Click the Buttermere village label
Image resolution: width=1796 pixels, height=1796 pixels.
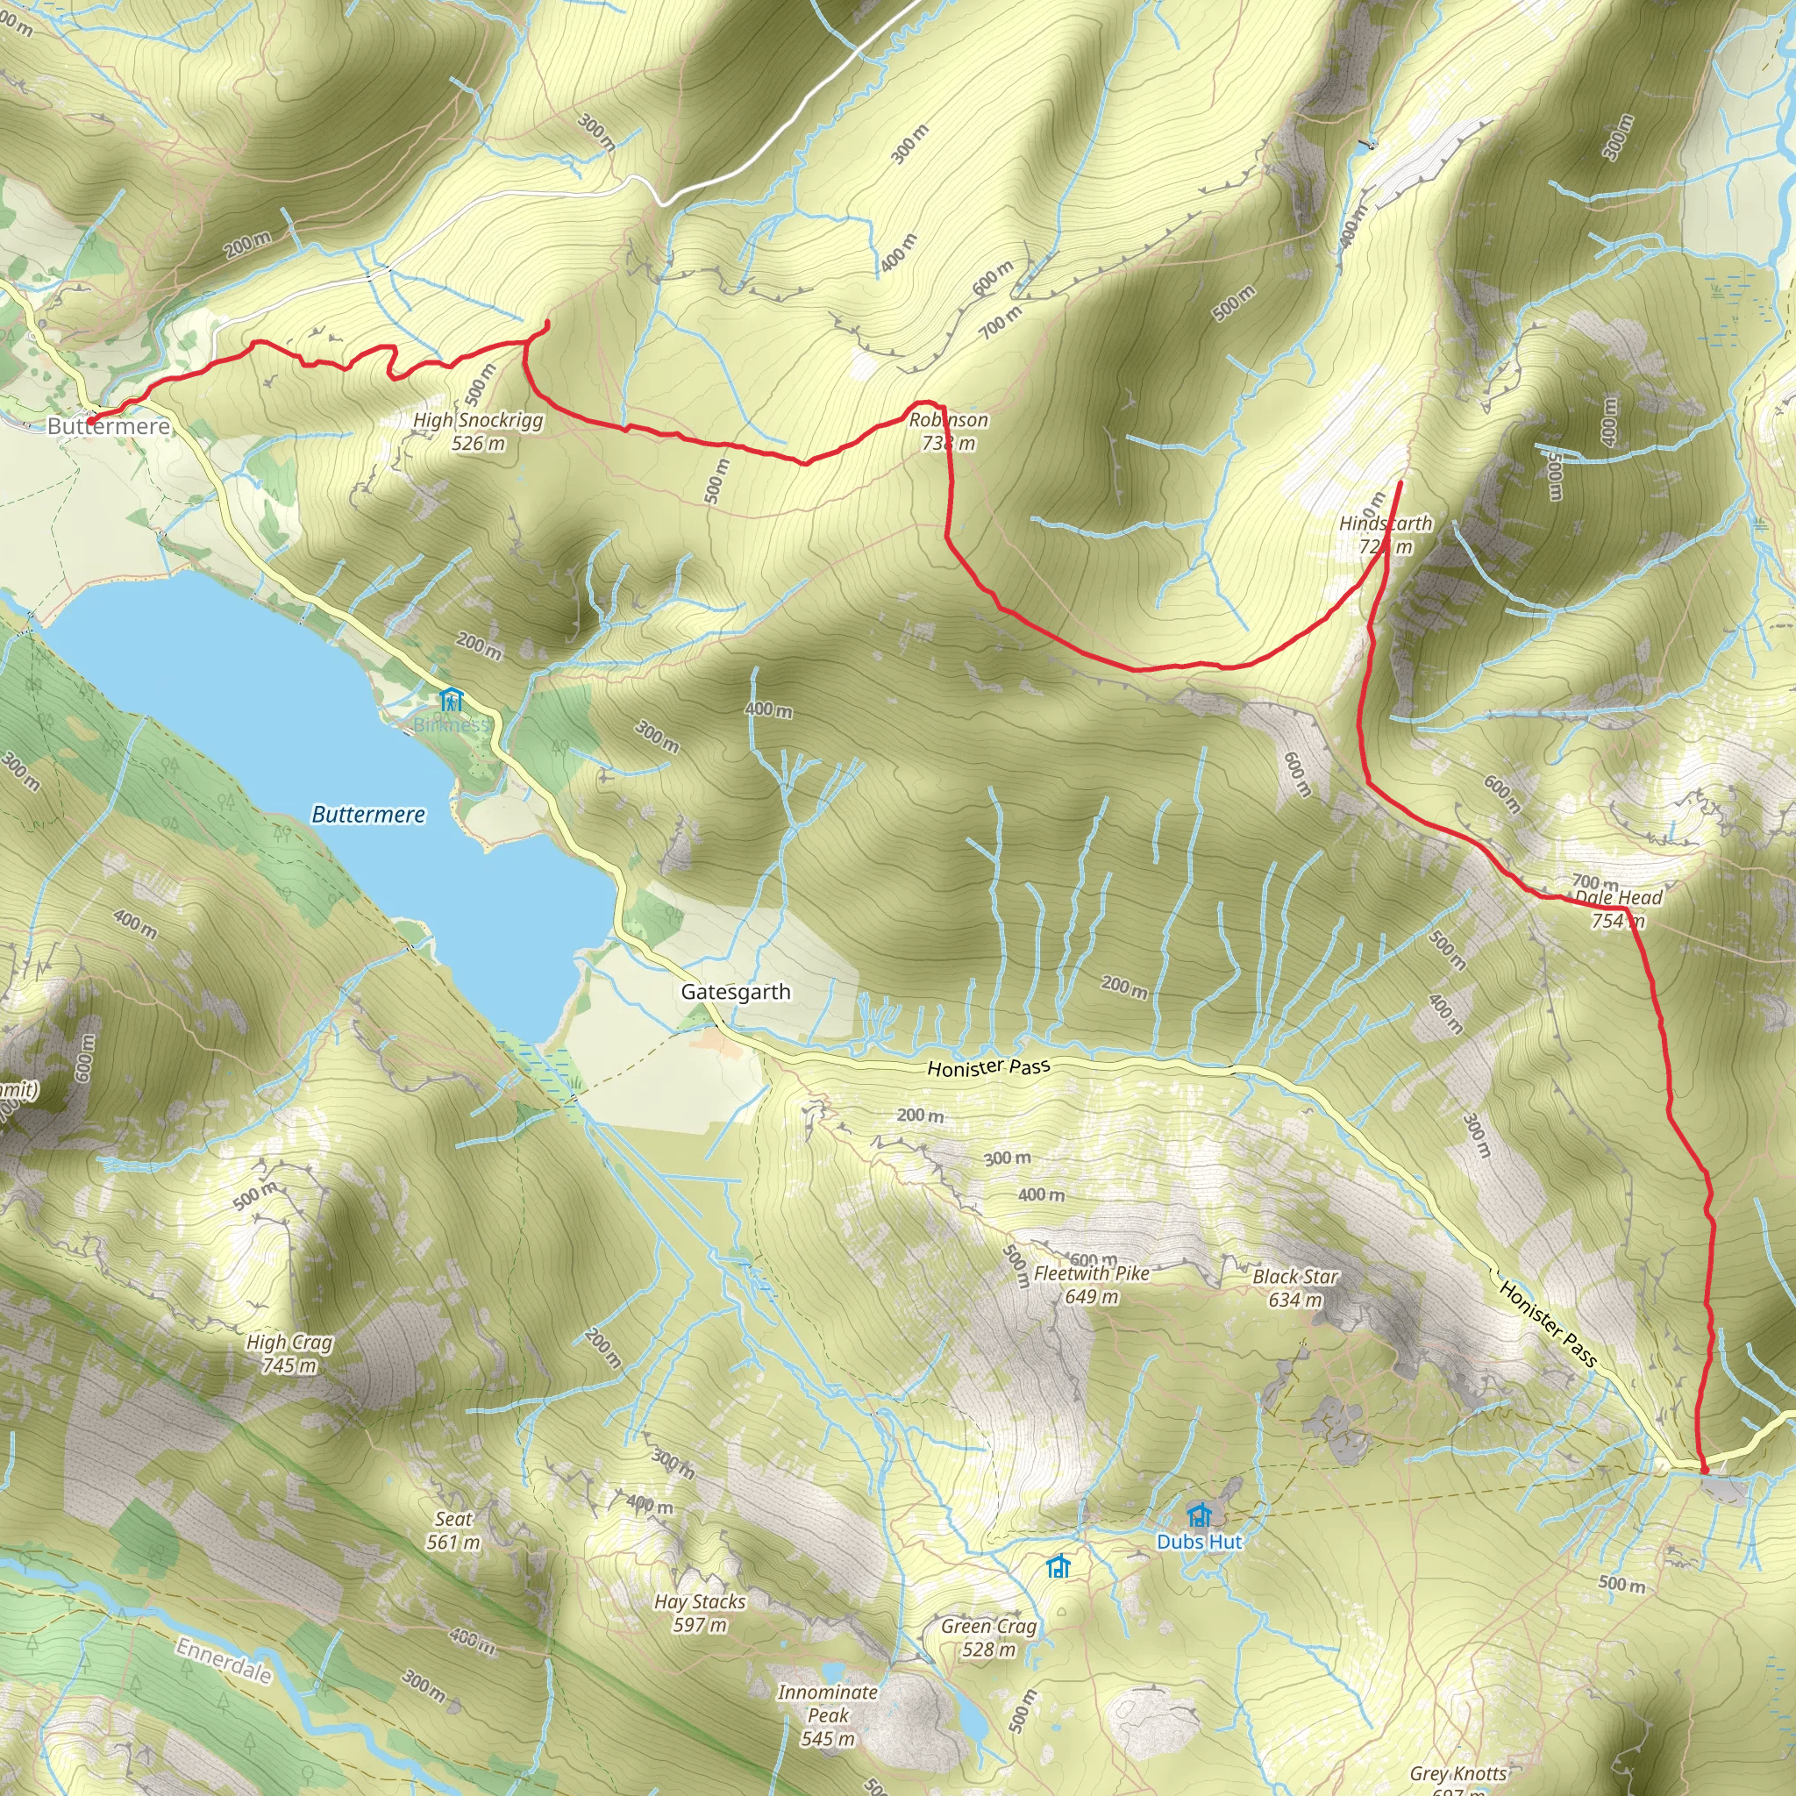109,427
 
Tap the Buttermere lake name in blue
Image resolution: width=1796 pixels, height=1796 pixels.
368,816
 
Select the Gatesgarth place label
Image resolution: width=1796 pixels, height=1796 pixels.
735,992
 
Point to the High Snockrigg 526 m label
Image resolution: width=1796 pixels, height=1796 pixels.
478,431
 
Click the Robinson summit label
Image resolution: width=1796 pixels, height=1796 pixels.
948,431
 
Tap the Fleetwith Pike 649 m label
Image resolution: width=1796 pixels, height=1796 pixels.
1091,1285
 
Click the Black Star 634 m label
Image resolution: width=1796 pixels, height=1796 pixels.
1295,1288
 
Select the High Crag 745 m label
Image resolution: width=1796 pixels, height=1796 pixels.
289,1353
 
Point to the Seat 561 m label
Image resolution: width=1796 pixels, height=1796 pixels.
453,1531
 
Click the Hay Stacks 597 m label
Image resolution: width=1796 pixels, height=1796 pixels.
699,1613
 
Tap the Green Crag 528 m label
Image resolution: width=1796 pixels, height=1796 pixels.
988,1638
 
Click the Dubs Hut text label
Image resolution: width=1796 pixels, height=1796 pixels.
1199,1542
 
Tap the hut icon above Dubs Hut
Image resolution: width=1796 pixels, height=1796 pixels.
1199,1514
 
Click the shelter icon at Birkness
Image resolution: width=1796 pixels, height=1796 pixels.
451,699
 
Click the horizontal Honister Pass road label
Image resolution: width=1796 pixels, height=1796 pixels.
989,1067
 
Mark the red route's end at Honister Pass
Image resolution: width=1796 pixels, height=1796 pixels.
1704,1470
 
